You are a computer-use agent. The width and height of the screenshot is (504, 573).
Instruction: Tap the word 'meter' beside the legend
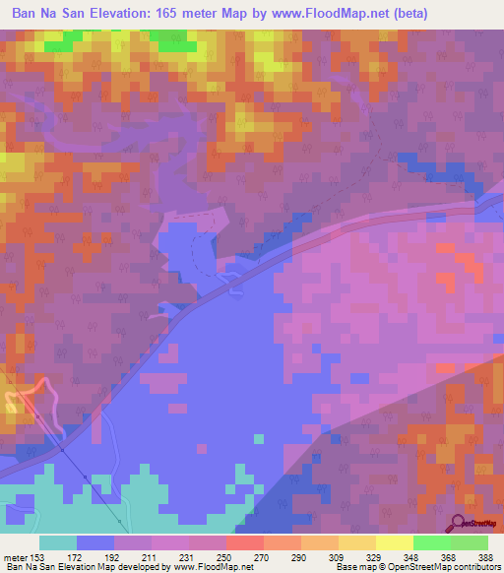click(15, 557)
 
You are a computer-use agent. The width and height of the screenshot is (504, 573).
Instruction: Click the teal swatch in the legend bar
click(57, 542)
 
